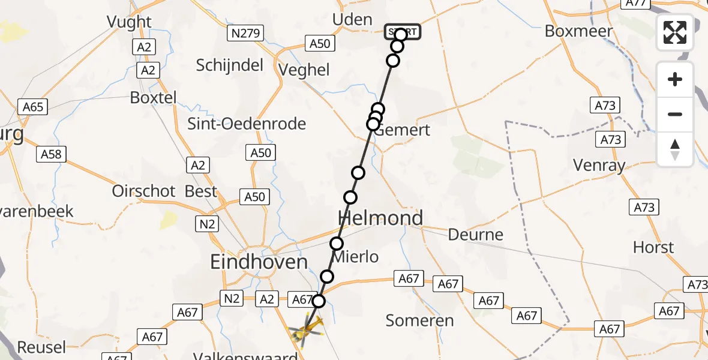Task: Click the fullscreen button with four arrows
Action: pos(675,32)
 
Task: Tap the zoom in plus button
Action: pos(675,79)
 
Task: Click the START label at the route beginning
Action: pos(403,31)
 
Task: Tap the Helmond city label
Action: pos(380,218)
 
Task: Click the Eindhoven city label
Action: pos(259,262)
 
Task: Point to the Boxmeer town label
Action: pos(578,31)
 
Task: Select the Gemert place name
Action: pos(401,130)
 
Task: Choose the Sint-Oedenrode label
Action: pos(247,124)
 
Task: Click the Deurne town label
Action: pos(476,234)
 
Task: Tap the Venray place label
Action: pos(599,165)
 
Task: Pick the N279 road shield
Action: pos(246,33)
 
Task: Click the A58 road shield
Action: pos(51,154)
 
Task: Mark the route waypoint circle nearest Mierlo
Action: pos(337,244)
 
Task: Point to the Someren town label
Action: pos(419,320)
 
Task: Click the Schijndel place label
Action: pos(229,65)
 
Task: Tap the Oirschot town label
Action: pos(143,191)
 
